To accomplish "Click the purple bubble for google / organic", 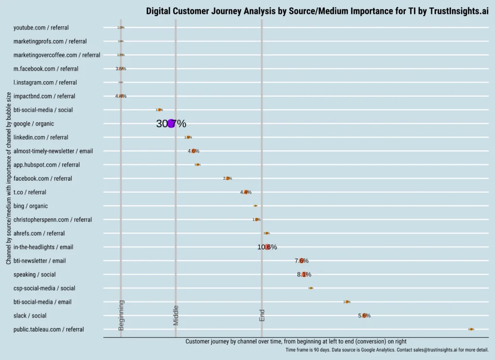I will [x=171, y=124].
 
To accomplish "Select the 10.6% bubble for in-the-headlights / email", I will [x=267, y=247].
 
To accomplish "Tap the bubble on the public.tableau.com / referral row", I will [x=471, y=329].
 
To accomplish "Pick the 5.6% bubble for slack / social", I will [x=364, y=316].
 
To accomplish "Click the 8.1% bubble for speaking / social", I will [x=304, y=274].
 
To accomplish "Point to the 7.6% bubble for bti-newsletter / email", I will [x=302, y=261].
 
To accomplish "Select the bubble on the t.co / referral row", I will [x=246, y=192].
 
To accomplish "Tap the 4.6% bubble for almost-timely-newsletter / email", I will [x=193, y=151].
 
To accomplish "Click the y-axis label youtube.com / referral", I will [x=41, y=28].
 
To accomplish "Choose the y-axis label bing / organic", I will [x=30, y=206].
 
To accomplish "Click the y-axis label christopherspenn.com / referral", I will [x=53, y=220].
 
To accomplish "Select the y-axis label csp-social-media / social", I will [x=44, y=288].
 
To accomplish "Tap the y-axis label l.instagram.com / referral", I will [x=45, y=83].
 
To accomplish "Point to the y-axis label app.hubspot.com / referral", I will [x=46, y=165].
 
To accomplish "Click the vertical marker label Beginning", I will [x=121, y=315].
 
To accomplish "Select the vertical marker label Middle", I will [x=176, y=316].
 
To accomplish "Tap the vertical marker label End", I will [x=262, y=316].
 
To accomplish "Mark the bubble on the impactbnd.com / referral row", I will [x=121, y=96].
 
